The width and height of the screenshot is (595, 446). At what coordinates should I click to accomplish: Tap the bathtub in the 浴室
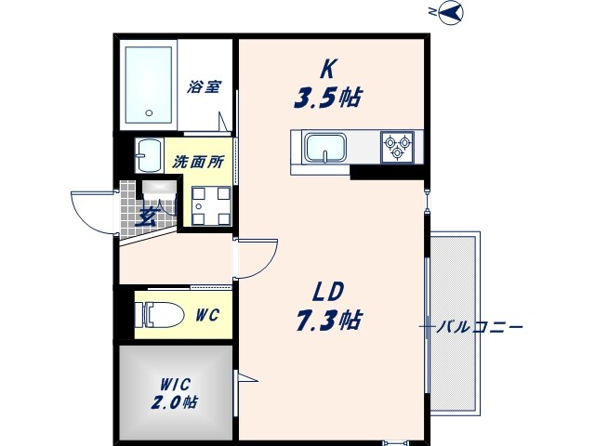click(149, 85)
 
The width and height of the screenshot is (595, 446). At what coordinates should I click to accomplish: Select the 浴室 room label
click(204, 86)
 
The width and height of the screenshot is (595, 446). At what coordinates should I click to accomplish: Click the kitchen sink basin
click(326, 148)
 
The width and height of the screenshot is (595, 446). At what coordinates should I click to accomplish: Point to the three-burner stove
click(397, 147)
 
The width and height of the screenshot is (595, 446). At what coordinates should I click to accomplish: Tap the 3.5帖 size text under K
click(327, 98)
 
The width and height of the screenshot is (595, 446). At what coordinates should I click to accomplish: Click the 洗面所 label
click(198, 163)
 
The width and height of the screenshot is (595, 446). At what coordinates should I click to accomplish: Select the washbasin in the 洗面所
click(149, 156)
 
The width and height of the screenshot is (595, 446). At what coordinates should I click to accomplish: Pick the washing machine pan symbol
click(211, 206)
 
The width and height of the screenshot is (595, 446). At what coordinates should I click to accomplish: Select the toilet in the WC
click(159, 315)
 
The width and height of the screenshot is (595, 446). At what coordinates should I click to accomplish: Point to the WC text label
click(208, 315)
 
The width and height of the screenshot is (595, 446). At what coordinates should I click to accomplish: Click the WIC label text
click(175, 385)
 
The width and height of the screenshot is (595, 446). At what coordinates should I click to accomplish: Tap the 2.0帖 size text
click(174, 402)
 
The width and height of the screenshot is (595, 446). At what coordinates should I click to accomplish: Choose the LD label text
click(328, 292)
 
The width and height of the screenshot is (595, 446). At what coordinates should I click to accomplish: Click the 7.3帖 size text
click(328, 321)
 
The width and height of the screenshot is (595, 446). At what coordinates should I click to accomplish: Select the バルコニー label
click(480, 326)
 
